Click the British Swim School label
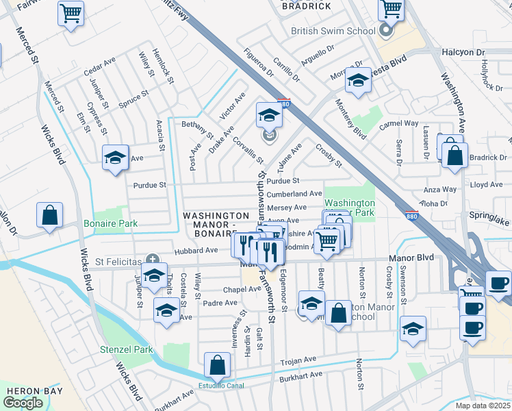[333, 31]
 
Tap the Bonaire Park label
[110, 223]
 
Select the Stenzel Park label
[125, 349]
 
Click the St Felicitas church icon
[153, 260]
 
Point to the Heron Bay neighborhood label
[34, 391]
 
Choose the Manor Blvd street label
[411, 258]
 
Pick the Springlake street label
[489, 223]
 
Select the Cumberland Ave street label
[294, 194]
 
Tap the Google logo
[23, 403]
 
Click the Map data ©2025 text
[483, 406]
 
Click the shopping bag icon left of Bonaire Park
[50, 215]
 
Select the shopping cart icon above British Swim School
[391, 10]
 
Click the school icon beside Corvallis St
[270, 115]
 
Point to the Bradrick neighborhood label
[306, 6]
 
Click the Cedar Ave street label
[99, 68]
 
